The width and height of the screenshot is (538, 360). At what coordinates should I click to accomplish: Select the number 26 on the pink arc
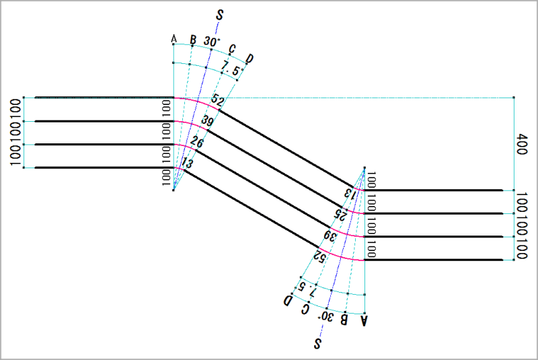tap(196, 142)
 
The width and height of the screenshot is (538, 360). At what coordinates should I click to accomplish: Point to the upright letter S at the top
tap(220, 15)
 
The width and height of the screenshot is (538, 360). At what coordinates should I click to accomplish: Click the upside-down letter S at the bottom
tap(317, 344)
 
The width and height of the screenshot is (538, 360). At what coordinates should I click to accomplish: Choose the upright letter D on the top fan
tap(249, 59)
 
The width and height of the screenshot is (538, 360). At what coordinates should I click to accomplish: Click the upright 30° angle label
tap(212, 42)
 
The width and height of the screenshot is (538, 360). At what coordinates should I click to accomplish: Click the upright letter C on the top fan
tap(232, 48)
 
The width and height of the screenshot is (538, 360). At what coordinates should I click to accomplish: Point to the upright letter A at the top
tap(174, 40)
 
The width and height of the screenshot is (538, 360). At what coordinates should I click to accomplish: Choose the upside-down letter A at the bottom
tap(364, 320)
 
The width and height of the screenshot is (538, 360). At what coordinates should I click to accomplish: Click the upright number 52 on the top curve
tap(217, 100)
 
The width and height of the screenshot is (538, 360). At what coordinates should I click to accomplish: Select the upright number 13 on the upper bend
tap(187, 164)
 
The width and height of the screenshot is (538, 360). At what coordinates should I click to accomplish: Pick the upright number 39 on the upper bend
tap(207, 121)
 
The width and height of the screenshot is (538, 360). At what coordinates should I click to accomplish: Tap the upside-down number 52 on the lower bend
tap(319, 255)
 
